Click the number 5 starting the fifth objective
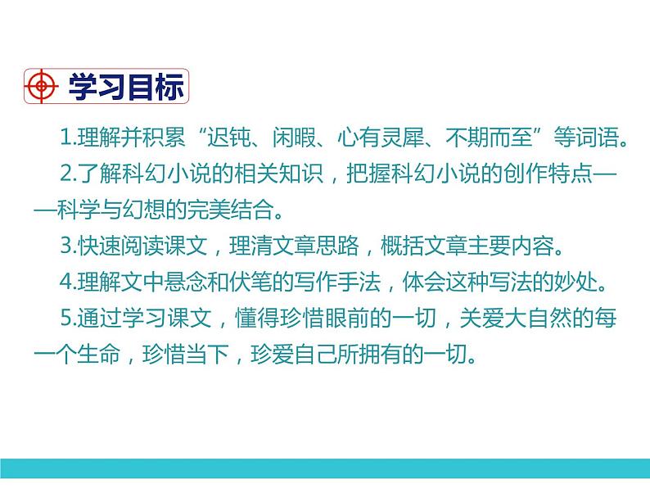65,318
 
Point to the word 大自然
534,318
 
